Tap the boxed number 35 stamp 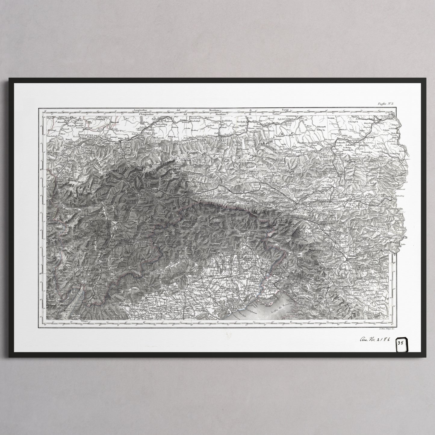tap(401, 342)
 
